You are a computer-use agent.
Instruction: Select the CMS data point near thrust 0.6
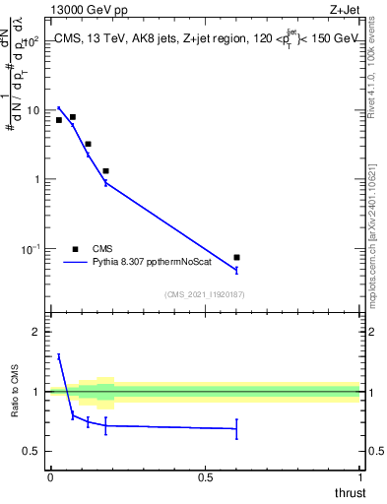pyautogui.click(x=236, y=258)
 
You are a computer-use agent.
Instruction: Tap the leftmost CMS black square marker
pyautogui.click(x=59, y=120)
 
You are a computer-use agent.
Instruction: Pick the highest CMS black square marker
pyautogui.click(x=73, y=117)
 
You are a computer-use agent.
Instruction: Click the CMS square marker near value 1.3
pyautogui.click(x=105, y=171)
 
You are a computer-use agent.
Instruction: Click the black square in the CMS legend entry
pyautogui.click(x=75, y=249)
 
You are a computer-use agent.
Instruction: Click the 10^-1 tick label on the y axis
pyautogui.click(x=32, y=248)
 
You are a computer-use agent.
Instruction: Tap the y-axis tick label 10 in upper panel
pyautogui.click(x=33, y=110)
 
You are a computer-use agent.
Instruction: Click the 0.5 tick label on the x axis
pyautogui.click(x=205, y=476)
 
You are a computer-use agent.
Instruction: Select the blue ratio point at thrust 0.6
pyautogui.click(x=236, y=428)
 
